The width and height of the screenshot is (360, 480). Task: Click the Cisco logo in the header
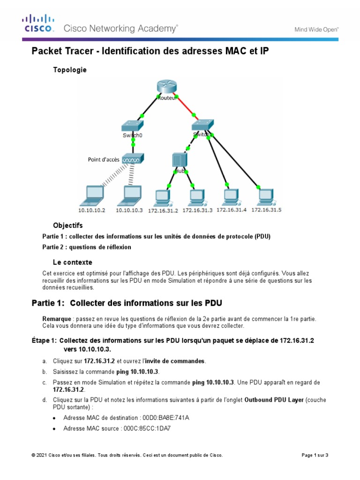coord(38,23)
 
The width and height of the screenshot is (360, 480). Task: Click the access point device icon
coord(133,160)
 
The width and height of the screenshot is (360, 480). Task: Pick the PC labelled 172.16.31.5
coord(265,196)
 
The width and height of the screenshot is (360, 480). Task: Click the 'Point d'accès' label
coord(104,160)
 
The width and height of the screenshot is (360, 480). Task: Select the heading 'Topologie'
coord(70,70)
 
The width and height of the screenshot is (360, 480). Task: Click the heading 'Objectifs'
coord(68,225)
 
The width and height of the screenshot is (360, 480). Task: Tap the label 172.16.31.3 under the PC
coord(197,210)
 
